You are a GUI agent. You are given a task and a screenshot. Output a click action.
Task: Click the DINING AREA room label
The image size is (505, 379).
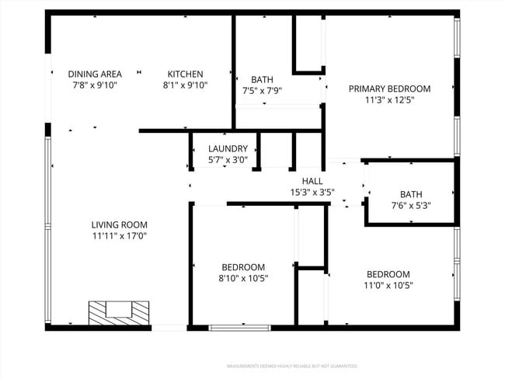coord(94,74)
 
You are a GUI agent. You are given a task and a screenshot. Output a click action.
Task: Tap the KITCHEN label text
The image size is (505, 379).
coord(185,74)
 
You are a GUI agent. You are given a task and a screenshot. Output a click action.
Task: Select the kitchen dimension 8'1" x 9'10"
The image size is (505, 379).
coord(185,85)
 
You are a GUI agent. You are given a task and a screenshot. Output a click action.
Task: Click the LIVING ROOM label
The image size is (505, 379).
coord(119,224)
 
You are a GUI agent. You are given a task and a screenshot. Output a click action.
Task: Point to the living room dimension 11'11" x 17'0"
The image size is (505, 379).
coord(119,236)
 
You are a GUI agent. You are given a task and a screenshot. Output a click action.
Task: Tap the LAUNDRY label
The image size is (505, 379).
coord(228,148)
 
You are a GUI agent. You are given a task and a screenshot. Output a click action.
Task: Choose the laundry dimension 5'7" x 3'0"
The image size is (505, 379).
coord(228,160)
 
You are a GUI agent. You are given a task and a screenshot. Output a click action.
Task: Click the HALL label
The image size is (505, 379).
coord(312,181)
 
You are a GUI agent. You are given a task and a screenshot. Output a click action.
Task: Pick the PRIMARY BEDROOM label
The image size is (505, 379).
coord(388,89)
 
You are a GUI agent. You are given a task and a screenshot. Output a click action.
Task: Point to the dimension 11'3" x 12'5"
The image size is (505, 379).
coord(388,100)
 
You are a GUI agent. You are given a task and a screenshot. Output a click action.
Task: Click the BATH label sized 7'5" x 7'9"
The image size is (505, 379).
coord(262,79)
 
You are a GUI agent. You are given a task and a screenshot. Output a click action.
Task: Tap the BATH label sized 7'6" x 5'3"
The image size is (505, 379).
coord(410,194)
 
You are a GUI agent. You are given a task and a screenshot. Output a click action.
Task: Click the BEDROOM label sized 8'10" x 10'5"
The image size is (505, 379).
coord(242,266)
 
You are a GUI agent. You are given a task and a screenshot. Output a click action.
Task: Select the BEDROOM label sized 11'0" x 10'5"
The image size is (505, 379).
coord(388,274)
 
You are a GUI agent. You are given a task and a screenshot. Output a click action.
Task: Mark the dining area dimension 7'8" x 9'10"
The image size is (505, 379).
coord(94,85)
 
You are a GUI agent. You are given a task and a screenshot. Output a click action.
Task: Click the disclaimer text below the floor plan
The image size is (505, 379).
coord(291,365)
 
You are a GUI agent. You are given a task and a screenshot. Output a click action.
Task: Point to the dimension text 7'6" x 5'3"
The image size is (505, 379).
coord(410,206)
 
